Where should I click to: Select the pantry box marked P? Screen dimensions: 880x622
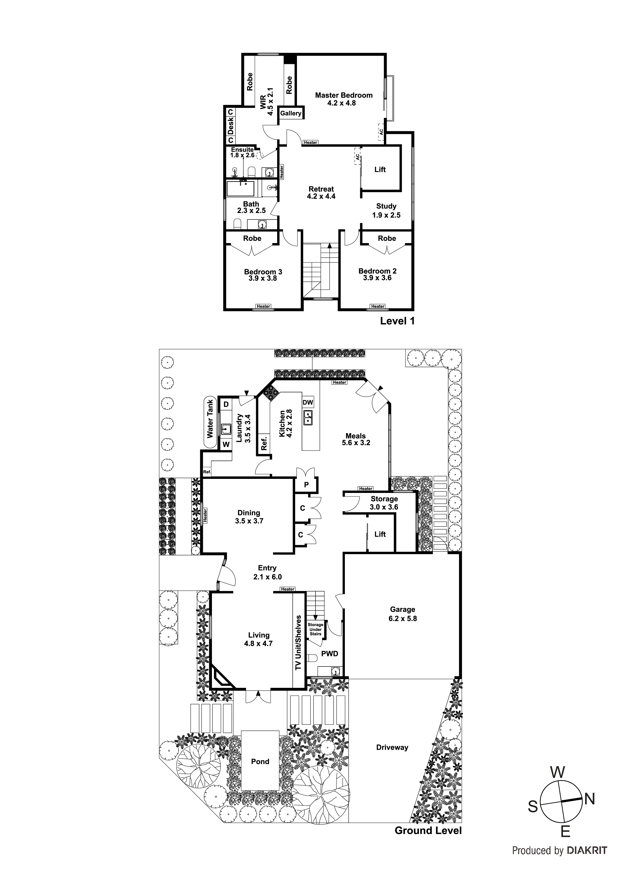pos(306,485)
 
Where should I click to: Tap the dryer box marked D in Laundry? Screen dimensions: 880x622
pos(226,404)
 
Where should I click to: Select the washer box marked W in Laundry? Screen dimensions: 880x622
pos(226,445)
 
